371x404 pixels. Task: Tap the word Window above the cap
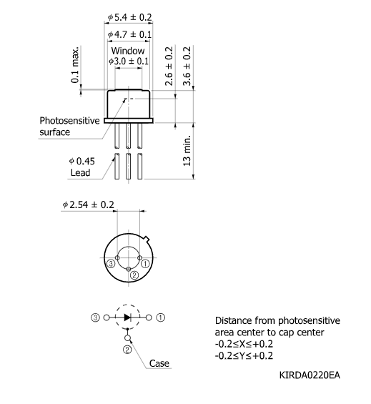point(129,51)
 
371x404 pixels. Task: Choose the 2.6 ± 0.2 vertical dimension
point(169,66)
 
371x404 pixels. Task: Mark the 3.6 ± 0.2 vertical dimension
point(188,66)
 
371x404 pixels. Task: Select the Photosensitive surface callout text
point(69,127)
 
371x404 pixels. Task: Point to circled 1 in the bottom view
point(145,263)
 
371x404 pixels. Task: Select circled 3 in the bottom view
point(111,263)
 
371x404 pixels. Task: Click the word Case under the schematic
point(159,363)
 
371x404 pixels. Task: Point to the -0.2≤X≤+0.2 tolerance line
point(247,344)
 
